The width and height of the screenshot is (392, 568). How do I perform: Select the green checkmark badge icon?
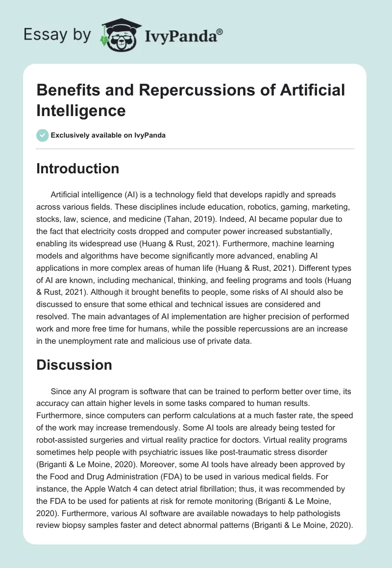[43, 135]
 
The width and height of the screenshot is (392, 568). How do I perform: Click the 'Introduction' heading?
[77, 168]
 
